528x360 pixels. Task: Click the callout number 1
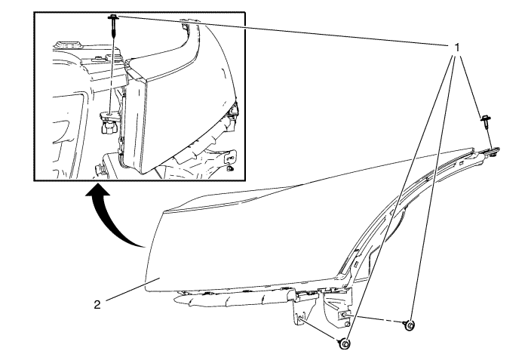[x=456, y=48]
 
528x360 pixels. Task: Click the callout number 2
[x=97, y=305]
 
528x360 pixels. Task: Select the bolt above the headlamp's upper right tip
[x=485, y=122]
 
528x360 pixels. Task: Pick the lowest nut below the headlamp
[x=344, y=344]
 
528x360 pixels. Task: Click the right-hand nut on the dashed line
[x=409, y=325]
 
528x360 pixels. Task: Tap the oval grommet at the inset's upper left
[x=69, y=44]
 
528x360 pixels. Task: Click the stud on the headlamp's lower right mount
[x=346, y=315]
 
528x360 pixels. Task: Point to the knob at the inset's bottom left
[x=100, y=168]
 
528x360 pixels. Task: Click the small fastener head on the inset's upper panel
[x=97, y=58]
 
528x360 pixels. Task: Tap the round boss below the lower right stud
[x=347, y=325]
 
